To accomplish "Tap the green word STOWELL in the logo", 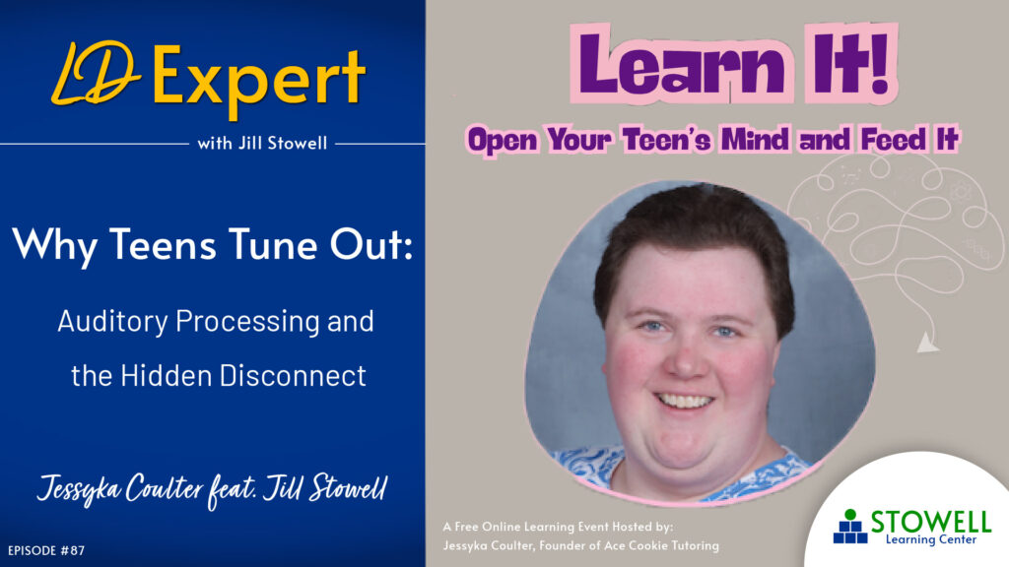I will (x=930, y=523).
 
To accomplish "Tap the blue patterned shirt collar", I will (x=591, y=462).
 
